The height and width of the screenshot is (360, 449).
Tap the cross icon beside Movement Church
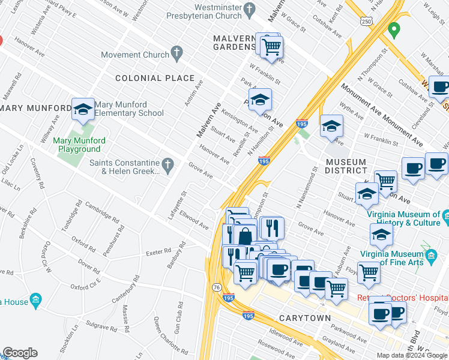click(176, 55)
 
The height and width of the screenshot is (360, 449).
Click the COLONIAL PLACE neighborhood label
click(155, 78)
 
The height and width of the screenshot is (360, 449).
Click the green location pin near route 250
click(394, 28)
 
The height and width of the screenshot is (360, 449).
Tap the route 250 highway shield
click(366, 21)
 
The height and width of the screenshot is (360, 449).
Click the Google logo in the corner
click(20, 353)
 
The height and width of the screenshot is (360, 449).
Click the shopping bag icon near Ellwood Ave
click(245, 235)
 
